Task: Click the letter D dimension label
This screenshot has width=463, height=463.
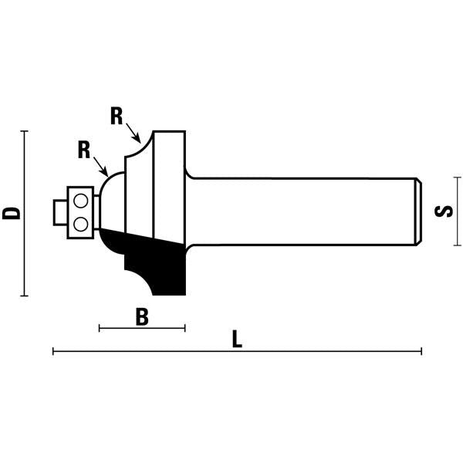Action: [x=12, y=213]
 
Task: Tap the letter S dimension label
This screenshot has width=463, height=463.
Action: [x=444, y=211]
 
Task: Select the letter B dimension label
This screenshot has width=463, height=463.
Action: [x=142, y=316]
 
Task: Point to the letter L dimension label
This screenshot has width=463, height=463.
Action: [x=237, y=339]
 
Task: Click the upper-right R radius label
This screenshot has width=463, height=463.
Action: [x=117, y=116]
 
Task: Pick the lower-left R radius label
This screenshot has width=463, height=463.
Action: [x=84, y=150]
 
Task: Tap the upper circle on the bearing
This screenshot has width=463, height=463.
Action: [x=80, y=201]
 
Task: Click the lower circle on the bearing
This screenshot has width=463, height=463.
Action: [x=80, y=225]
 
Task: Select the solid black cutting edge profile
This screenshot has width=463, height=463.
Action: [x=147, y=260]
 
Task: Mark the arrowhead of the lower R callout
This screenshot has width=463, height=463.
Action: [x=105, y=172]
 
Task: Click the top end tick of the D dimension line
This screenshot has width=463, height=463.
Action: [x=24, y=131]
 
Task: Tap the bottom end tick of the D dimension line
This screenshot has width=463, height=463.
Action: [x=24, y=296]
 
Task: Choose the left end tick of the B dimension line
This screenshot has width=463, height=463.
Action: [x=100, y=328]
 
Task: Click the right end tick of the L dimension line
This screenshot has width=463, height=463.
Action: [x=421, y=351]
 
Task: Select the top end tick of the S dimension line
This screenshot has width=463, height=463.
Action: [x=458, y=177]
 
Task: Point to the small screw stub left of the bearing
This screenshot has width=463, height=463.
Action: [x=60, y=213]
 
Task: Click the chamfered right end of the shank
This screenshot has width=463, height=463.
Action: [x=418, y=211]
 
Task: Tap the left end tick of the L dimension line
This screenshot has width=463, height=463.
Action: [x=53, y=351]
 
